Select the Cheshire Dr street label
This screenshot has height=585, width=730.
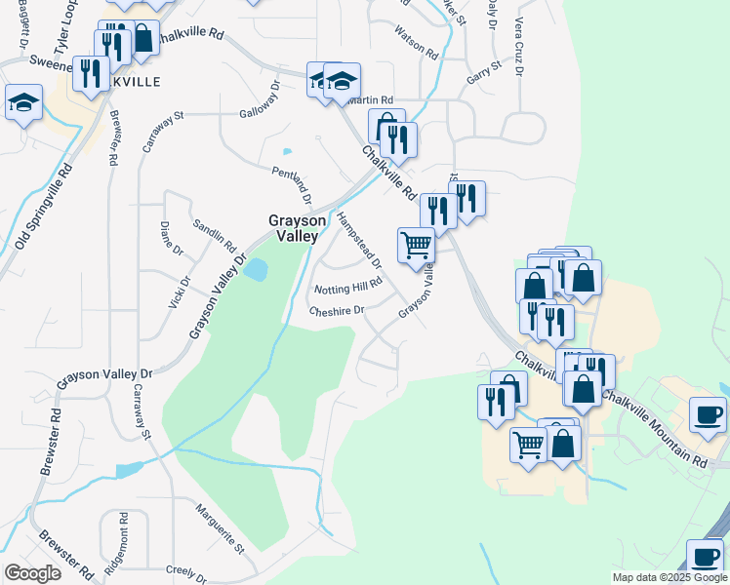[336, 311]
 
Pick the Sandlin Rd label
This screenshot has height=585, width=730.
[214, 233]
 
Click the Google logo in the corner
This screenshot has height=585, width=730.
[32, 573]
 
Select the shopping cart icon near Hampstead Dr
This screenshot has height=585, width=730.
[417, 245]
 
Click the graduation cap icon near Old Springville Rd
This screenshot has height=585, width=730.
[23, 101]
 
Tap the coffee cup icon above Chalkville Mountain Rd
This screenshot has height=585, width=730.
[708, 413]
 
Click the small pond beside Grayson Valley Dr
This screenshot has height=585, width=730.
[256, 270]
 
